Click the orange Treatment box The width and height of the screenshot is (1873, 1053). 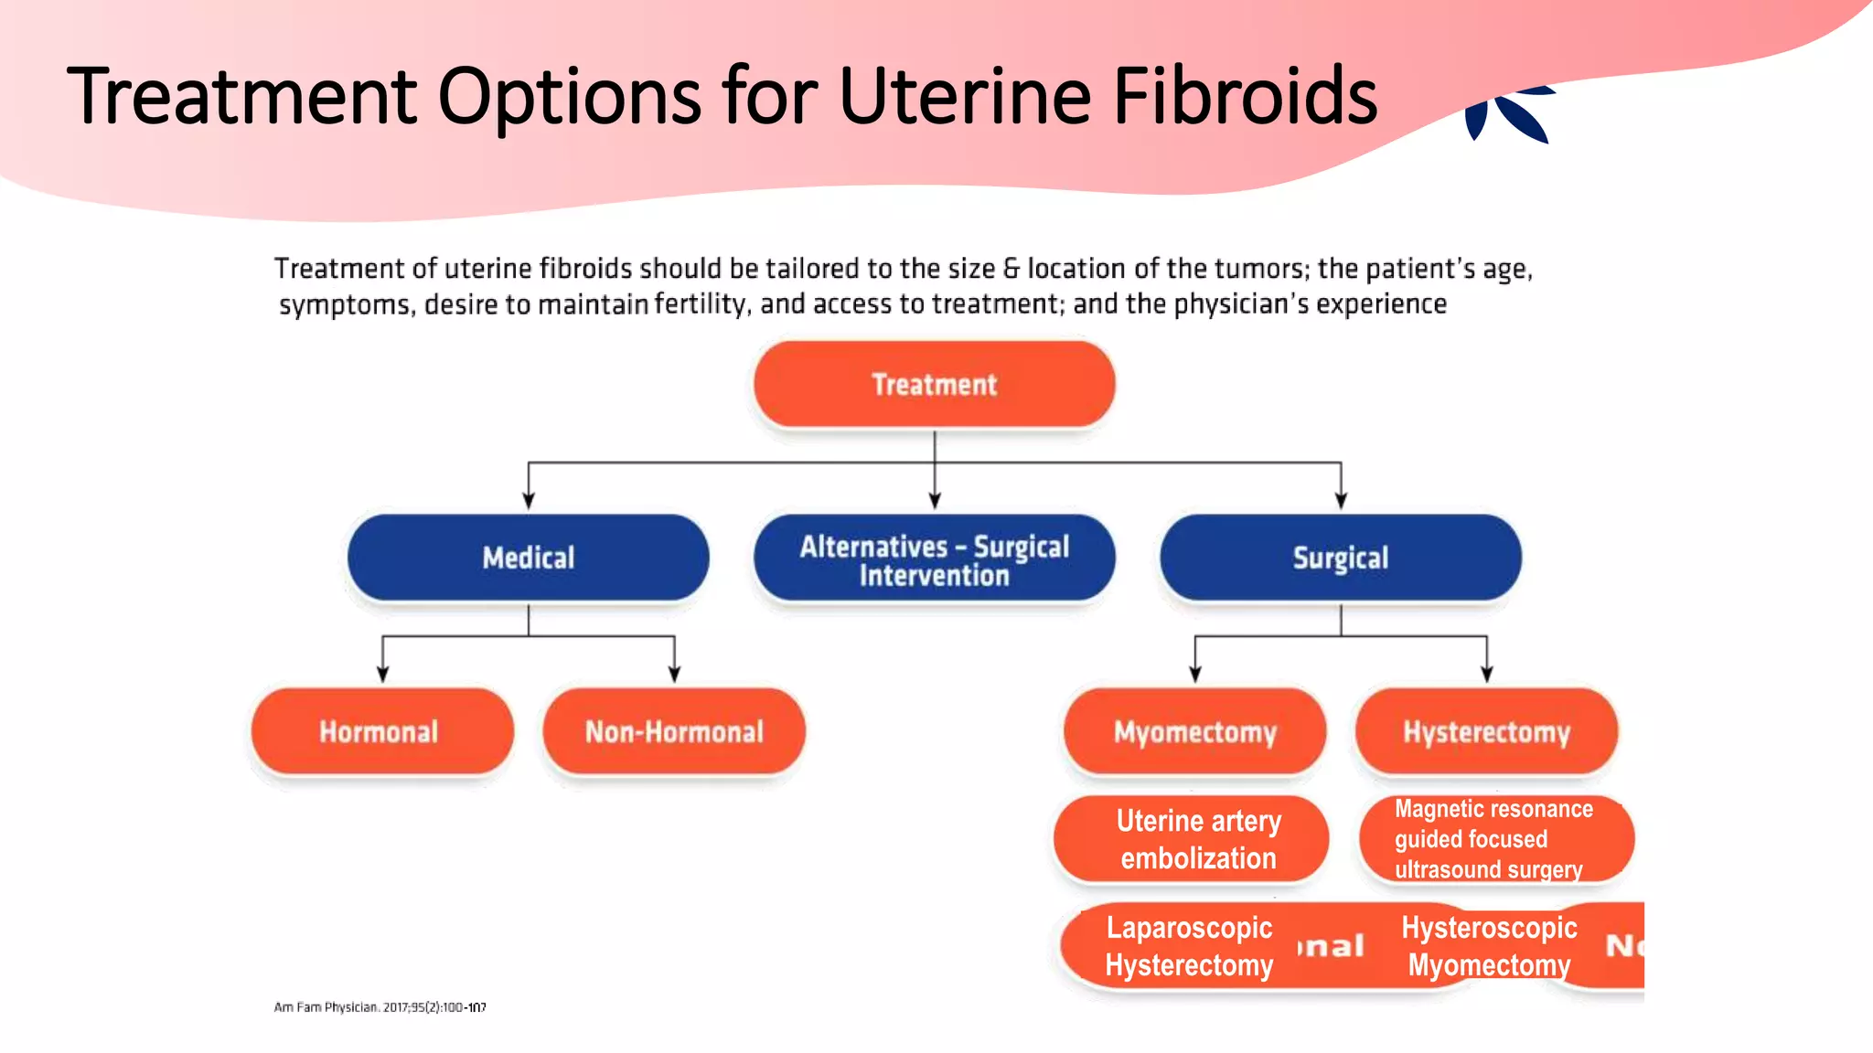click(934, 384)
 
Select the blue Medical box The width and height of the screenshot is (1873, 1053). click(528, 558)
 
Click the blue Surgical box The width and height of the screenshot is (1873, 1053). click(1340, 558)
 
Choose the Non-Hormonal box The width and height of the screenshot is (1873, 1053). click(674, 731)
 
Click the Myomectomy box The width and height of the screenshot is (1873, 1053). click(1194, 731)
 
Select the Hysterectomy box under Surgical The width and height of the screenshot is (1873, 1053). click(1486, 731)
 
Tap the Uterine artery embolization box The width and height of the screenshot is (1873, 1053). click(1197, 839)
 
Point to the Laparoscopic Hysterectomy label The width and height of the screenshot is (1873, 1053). click(1189, 946)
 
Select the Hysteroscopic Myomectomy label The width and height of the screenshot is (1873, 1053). click(1489, 946)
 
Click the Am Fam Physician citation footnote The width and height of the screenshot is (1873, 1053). click(380, 1007)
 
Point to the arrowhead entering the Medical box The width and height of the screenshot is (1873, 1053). click(528, 500)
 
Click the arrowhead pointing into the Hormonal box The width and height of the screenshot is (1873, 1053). click(382, 675)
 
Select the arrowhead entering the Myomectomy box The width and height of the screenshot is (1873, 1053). click(1194, 675)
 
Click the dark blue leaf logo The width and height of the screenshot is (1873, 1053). click(1509, 114)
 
